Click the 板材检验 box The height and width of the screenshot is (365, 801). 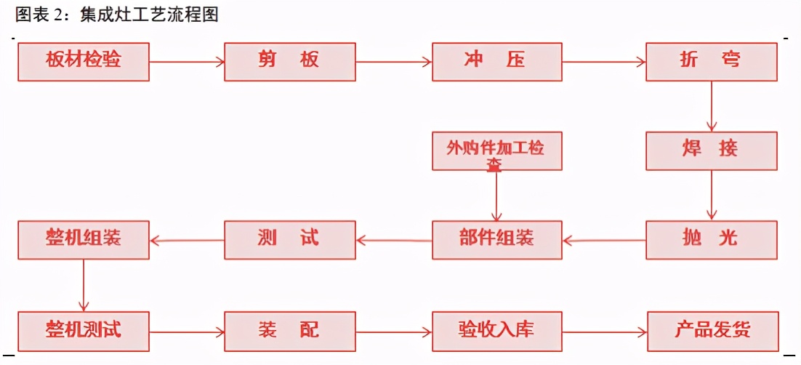pyautogui.click(x=84, y=61)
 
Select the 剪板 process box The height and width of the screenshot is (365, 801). pyautogui.click(x=290, y=61)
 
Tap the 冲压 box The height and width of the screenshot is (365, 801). pyautogui.click(x=497, y=61)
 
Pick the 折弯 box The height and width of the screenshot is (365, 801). pyautogui.click(x=711, y=61)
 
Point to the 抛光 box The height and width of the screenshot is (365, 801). pyautogui.click(x=711, y=239)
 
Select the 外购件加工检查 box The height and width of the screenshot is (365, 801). pyautogui.click(x=497, y=151)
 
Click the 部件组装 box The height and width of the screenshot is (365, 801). pyautogui.click(x=497, y=239)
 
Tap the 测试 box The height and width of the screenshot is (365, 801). pyautogui.click(x=290, y=239)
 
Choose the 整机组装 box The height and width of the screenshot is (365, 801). pyautogui.click(x=84, y=239)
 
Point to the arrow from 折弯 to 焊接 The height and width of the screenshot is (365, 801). pyautogui.click(x=712, y=106)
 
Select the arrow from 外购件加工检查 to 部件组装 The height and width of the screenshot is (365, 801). pyautogui.click(x=496, y=196)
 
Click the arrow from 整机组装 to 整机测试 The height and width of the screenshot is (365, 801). pyautogui.click(x=84, y=285)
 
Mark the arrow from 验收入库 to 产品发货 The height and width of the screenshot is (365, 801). pyautogui.click(x=604, y=332)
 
